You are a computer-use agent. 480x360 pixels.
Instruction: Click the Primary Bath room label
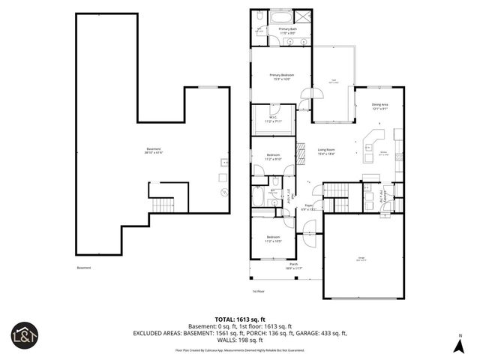point(289,31)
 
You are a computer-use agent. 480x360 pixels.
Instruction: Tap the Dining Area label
point(380,106)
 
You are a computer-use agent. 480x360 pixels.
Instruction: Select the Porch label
point(294,265)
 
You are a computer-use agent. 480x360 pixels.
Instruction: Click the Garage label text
point(360,259)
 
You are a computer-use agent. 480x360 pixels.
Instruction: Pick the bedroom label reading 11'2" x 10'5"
point(272,239)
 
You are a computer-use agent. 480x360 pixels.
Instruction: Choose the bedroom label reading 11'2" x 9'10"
point(272,157)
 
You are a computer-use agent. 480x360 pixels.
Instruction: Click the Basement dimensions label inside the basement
point(154,151)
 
